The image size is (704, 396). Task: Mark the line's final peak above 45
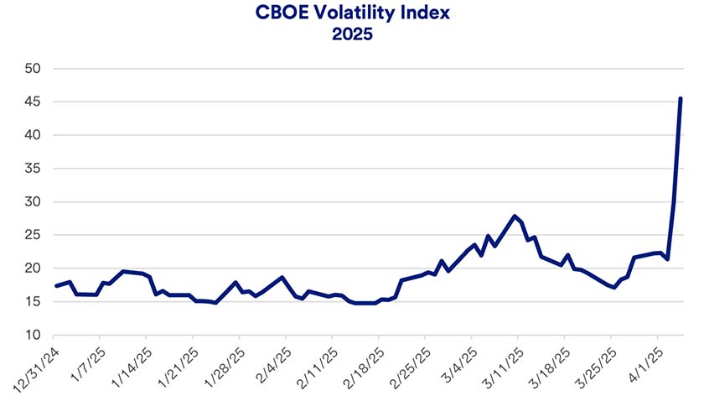coord(680,99)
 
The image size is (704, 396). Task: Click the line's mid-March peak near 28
coord(515,216)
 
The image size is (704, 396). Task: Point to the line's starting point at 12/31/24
coord(55,286)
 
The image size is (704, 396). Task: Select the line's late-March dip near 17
coord(614,288)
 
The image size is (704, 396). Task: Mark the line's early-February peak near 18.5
coord(282,278)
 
